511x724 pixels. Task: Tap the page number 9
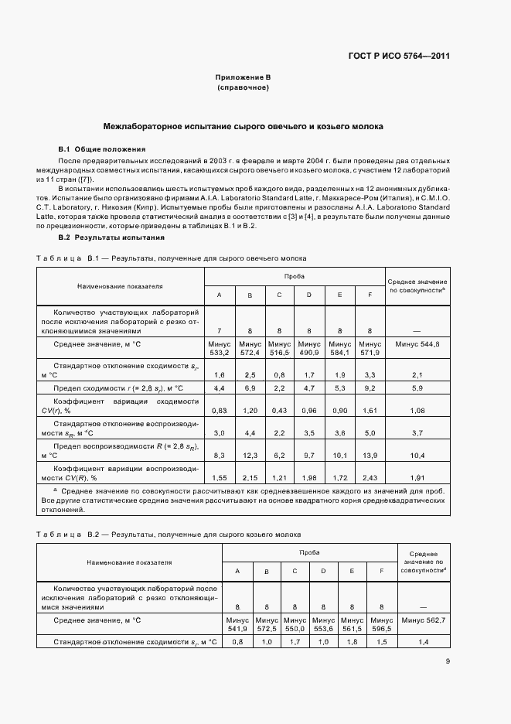(448, 661)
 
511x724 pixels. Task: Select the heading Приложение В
(243, 78)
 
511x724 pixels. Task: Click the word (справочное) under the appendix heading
(243, 88)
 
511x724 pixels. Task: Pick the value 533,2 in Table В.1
(218, 353)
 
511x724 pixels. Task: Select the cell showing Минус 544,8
(417, 343)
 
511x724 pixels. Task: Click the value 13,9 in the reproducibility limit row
(370, 456)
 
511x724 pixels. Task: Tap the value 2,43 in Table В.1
(370, 479)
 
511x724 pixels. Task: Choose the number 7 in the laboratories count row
(218, 330)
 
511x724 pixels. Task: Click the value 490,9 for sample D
(309, 353)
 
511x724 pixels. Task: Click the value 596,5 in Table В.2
(382, 630)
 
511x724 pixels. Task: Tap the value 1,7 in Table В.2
(294, 643)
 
